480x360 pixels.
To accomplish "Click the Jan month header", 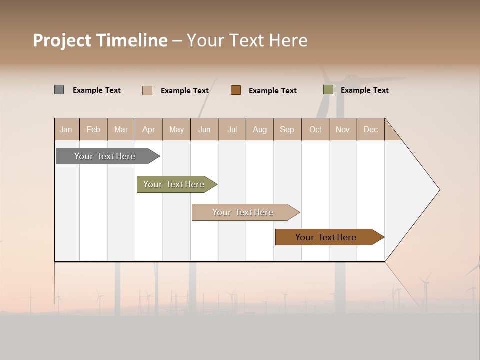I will point(66,129).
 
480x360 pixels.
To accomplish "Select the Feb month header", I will point(93,129).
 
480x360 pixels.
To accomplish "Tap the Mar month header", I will point(121,129).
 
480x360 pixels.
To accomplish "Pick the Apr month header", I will point(149,129).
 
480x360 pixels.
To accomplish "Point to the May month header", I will point(176,129).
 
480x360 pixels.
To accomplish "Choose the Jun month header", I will point(204,129).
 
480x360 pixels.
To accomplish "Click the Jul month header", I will point(232,129).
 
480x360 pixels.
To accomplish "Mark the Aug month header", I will point(260,129).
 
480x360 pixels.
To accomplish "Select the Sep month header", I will point(287,129).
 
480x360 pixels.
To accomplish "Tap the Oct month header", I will point(315,129).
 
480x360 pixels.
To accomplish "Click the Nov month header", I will point(343,129).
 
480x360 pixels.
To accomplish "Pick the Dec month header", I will point(371,129).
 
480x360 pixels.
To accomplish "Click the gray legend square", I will point(59,90).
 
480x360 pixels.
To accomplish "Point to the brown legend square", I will point(236,90).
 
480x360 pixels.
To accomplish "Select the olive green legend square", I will point(328,90).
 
